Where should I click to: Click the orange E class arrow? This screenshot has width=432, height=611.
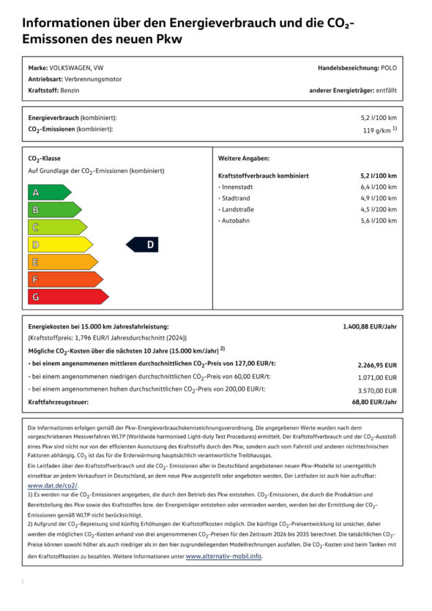click(x=62, y=262)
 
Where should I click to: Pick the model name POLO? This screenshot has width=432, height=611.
click(x=390, y=67)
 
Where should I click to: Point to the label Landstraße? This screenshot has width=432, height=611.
click(x=238, y=209)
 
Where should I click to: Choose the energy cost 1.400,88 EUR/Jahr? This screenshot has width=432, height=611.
click(x=370, y=326)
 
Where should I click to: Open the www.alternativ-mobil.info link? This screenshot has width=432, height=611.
click(x=223, y=556)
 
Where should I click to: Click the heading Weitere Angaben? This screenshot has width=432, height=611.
click(x=244, y=158)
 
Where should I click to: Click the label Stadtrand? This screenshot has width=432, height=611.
click(x=237, y=198)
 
